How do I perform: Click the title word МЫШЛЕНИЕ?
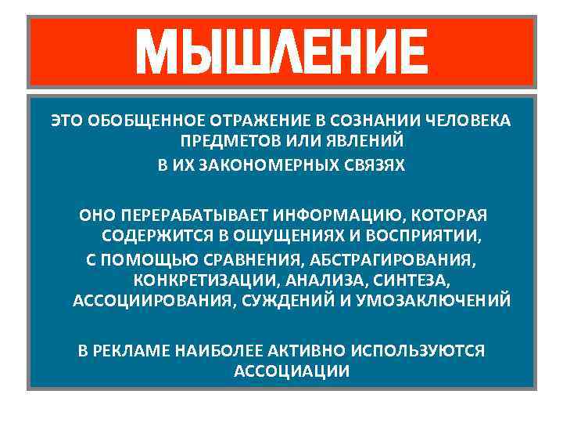(x=281, y=52)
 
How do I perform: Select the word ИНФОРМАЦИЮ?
(x=332, y=214)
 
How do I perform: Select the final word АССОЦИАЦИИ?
(x=292, y=371)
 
